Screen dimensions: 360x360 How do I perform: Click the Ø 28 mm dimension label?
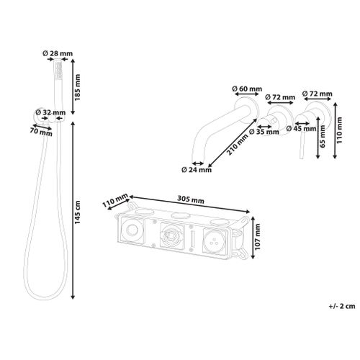pos(58,53)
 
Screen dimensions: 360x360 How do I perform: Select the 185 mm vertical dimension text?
pos(77,87)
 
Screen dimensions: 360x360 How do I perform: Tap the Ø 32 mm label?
pos(50,112)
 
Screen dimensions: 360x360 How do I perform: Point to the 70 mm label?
pos(41,132)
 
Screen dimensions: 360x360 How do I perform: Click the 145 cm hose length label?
pos(77,212)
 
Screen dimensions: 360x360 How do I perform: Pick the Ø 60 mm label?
pos(247,89)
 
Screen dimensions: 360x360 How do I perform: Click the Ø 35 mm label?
pos(264,132)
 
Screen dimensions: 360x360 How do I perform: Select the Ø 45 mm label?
pos(302,128)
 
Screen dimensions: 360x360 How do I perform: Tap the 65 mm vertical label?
pos(323,136)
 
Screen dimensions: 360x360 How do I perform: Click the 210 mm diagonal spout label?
pos(238,145)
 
